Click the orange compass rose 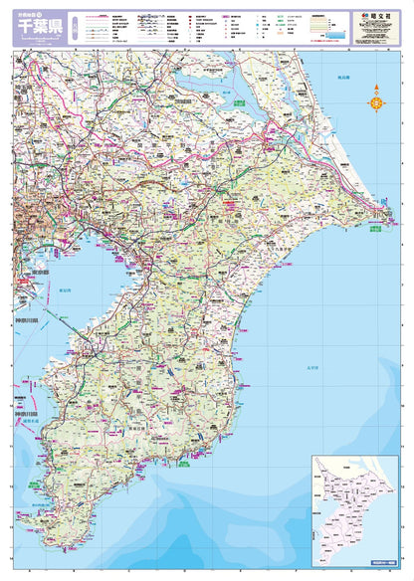(x=377, y=97)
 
